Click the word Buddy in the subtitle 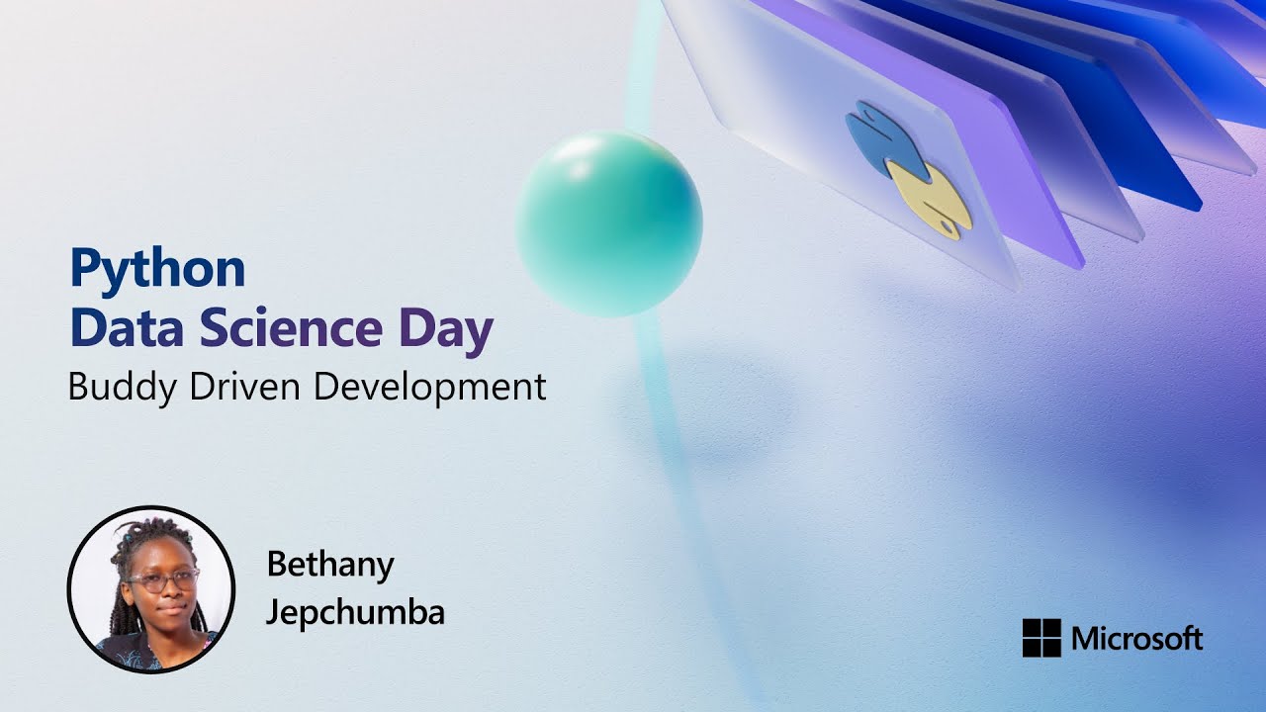(x=112, y=387)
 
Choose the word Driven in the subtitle (x=232, y=387)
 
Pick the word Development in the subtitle (x=429, y=387)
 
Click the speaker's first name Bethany (x=330, y=566)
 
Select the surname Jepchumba (x=355, y=612)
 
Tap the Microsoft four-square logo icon (x=1041, y=638)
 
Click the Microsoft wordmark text (x=1136, y=639)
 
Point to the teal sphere (x=609, y=224)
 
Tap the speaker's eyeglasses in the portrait (x=162, y=580)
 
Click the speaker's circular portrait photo (x=151, y=590)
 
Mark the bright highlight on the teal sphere (x=579, y=163)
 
